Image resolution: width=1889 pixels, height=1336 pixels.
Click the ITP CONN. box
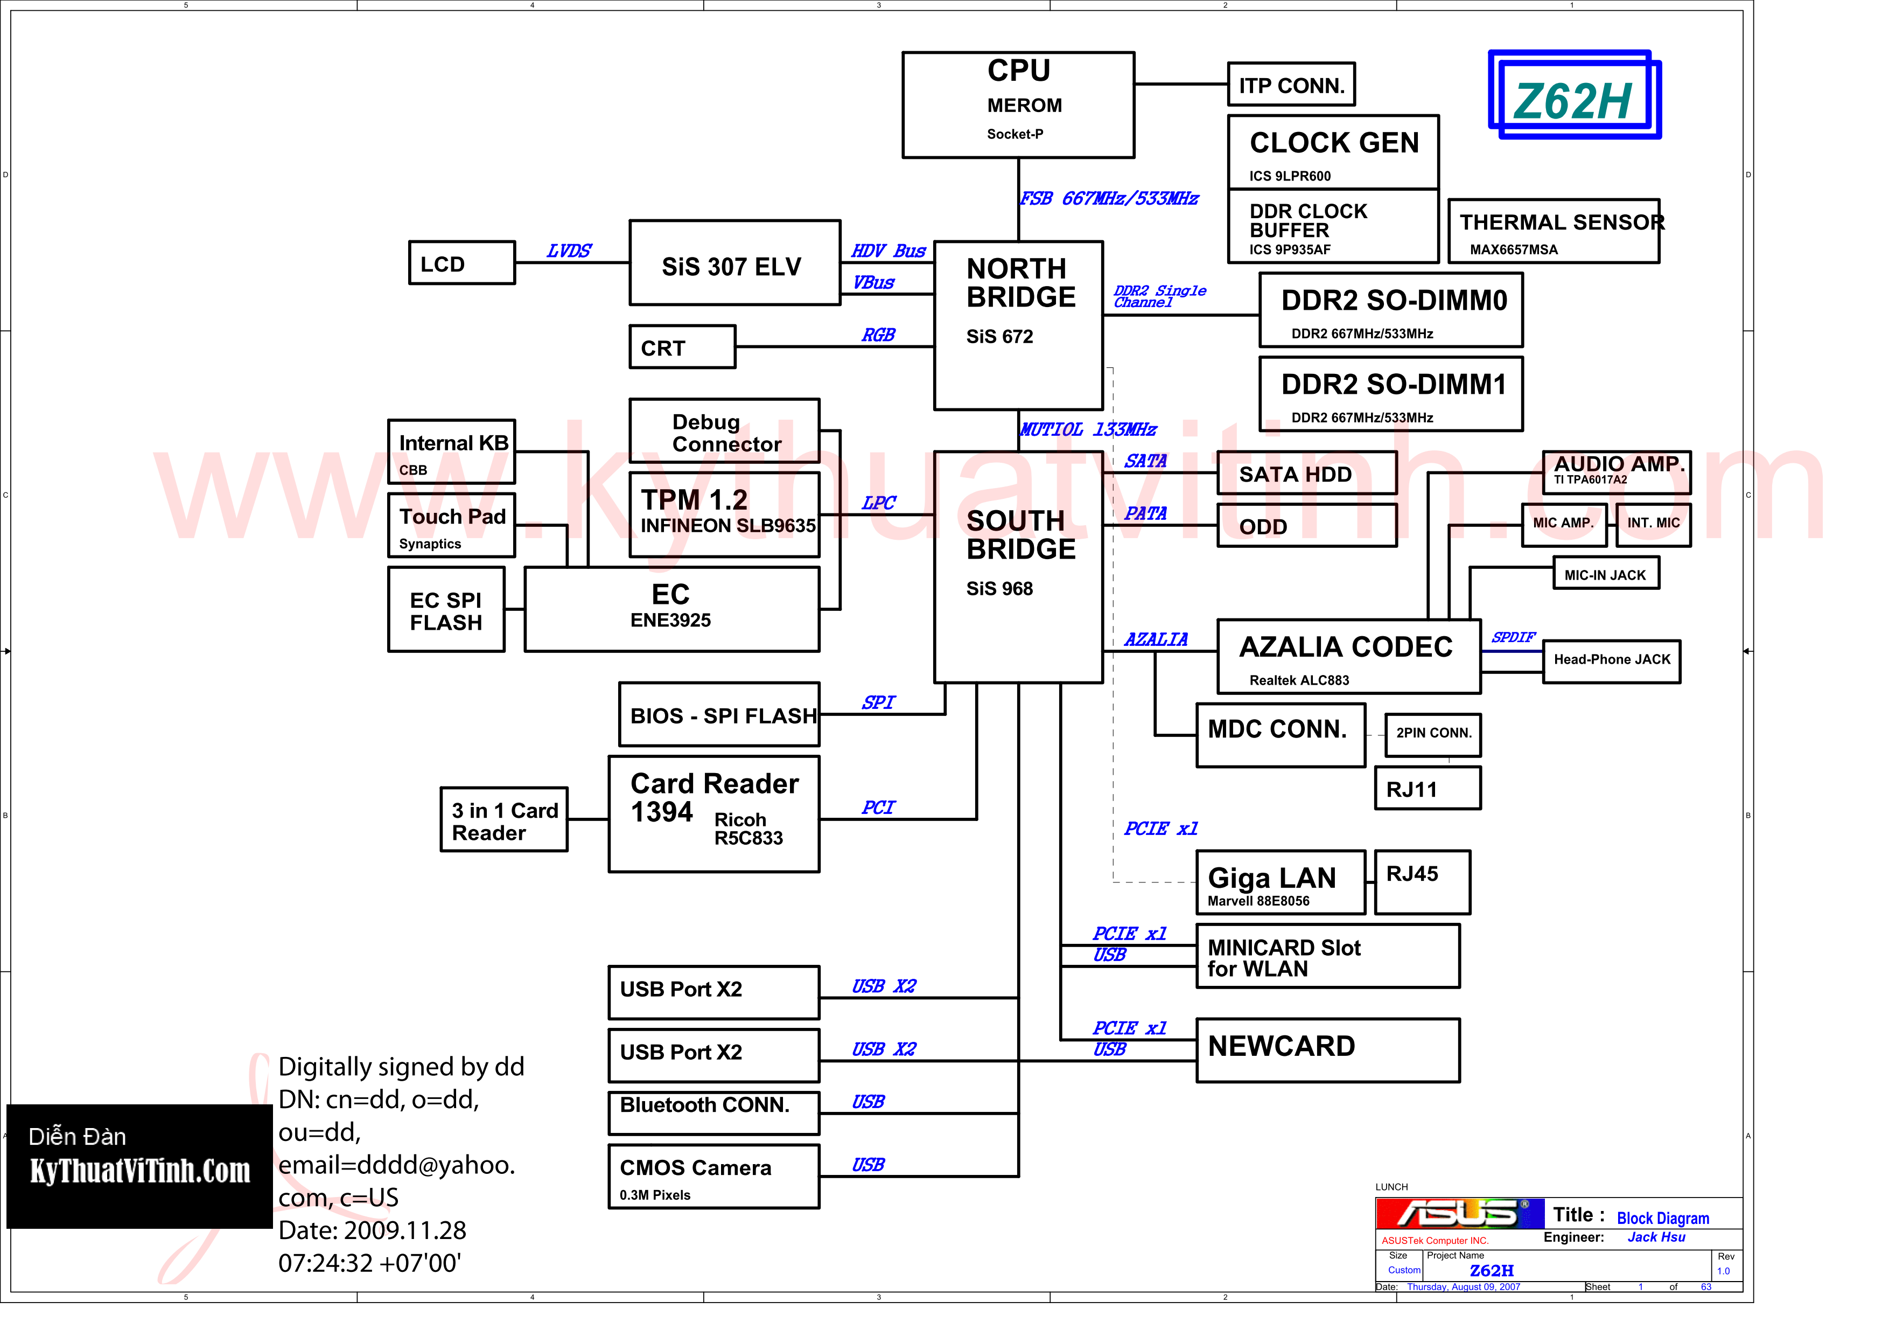coord(1291,85)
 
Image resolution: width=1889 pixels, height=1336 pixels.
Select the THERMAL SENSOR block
coord(1554,231)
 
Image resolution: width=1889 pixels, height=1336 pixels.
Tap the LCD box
coord(461,263)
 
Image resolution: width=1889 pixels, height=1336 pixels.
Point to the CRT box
coord(682,347)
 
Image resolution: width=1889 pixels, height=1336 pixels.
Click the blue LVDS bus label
coord(569,251)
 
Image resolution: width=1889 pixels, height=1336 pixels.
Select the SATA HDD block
coord(1306,474)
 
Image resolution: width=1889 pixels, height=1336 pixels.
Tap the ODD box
coord(1306,526)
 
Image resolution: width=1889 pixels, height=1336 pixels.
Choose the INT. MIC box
coord(1653,524)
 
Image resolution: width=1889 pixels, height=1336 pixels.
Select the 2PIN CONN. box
coord(1433,733)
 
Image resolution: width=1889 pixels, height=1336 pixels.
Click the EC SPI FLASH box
coord(446,610)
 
